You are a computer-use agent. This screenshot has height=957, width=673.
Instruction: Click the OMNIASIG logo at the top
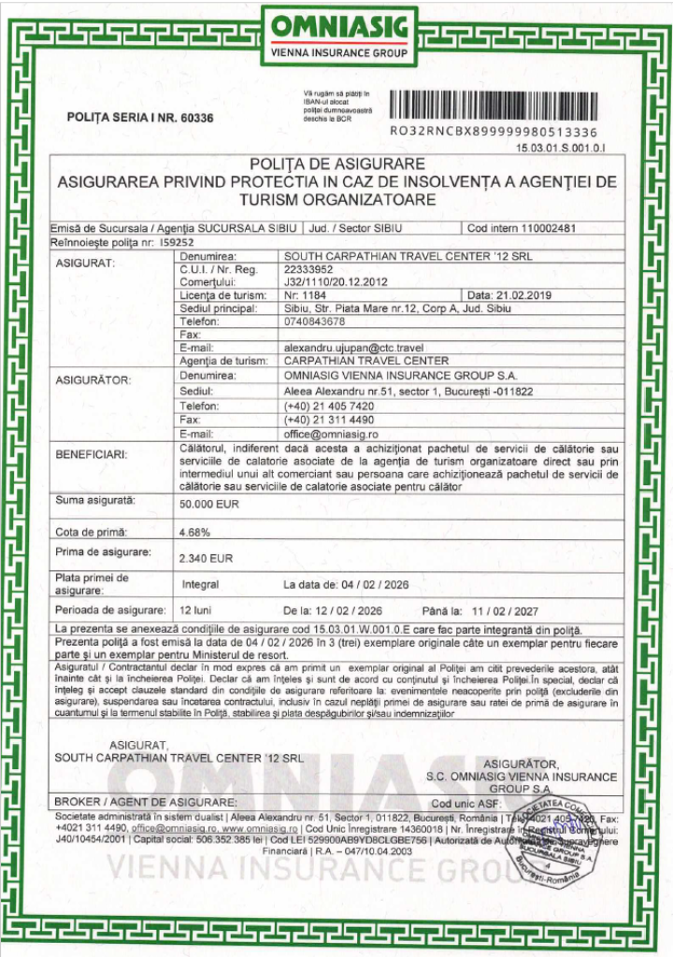[x=337, y=36]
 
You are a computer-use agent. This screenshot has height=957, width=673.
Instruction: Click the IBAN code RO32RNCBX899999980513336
[x=494, y=133]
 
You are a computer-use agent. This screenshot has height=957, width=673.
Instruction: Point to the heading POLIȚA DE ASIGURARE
[x=337, y=164]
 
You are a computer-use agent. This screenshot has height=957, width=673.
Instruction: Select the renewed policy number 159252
[x=168, y=240]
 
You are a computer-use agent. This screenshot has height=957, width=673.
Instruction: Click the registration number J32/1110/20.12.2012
[x=335, y=279]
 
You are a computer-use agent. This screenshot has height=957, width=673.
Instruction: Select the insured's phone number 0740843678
[x=314, y=321]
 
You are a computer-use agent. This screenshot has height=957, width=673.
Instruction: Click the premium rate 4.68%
[x=193, y=532]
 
